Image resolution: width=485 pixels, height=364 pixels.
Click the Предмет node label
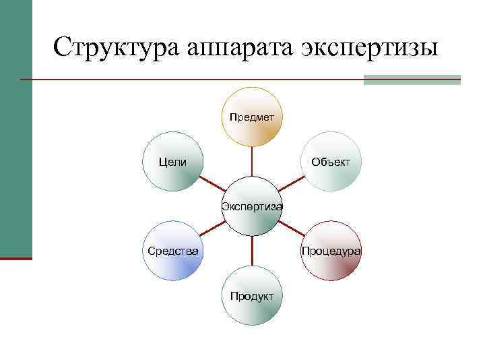click(x=251, y=117)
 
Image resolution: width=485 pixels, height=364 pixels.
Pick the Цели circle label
click(x=172, y=162)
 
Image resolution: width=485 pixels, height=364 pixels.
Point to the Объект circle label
click(x=331, y=162)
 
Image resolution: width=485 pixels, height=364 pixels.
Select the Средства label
click(x=173, y=251)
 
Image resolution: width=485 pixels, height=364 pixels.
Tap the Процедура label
click(x=331, y=251)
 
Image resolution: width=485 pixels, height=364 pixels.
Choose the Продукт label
click(x=251, y=296)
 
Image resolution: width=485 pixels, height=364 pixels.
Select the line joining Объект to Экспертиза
click(x=291, y=184)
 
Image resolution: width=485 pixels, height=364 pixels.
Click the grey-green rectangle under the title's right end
click(x=412, y=80)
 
